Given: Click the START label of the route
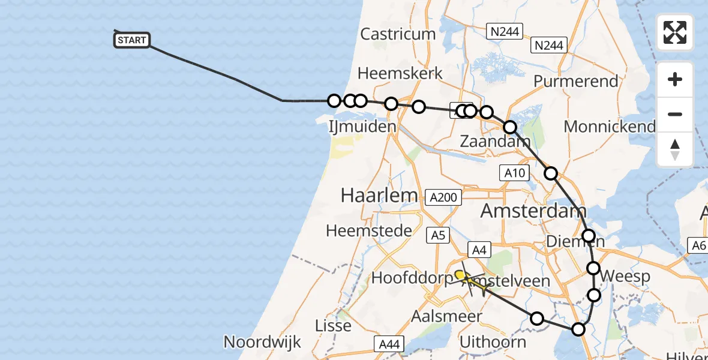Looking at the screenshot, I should pos(131,40).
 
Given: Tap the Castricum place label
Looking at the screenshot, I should pos(398,34).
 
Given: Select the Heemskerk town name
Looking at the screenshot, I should pos(400,73).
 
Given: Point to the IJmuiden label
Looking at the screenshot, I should pos(362,127).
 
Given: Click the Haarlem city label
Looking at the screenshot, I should pos(379,194).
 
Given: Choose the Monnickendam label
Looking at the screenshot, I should pos(610,127).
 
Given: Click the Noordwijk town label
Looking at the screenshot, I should pos(262,342).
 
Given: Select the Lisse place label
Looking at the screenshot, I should pos(334,326).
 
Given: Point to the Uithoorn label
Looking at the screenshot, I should pos(493,342).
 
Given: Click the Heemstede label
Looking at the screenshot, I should pos(369,230).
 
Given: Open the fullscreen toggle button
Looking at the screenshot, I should pos(675,32).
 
